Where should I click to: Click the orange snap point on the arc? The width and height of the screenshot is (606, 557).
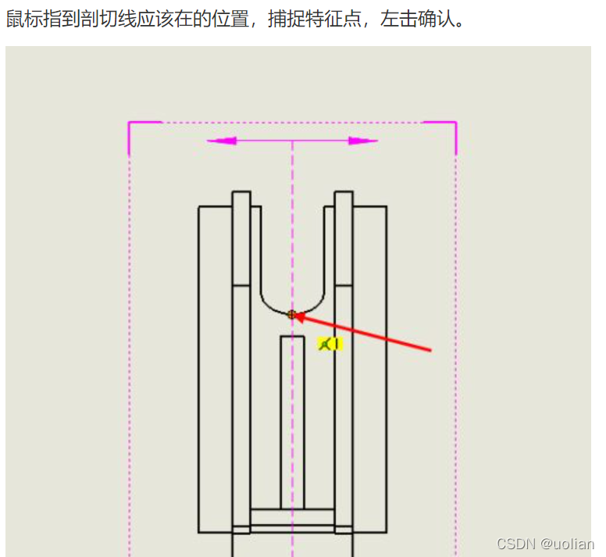292,314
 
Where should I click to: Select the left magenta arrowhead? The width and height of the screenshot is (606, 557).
222,141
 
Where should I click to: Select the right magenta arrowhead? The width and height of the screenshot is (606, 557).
362,141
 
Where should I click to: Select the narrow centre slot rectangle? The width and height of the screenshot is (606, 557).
292,422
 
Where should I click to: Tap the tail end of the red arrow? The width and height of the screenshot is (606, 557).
430,350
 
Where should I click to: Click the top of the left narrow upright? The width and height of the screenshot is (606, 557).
241,193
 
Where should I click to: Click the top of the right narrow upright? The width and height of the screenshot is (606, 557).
344,193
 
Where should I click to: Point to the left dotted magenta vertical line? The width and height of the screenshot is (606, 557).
130,352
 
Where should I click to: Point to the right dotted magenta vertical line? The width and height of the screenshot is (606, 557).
456,352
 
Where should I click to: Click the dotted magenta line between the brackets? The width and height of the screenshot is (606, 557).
292,123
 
